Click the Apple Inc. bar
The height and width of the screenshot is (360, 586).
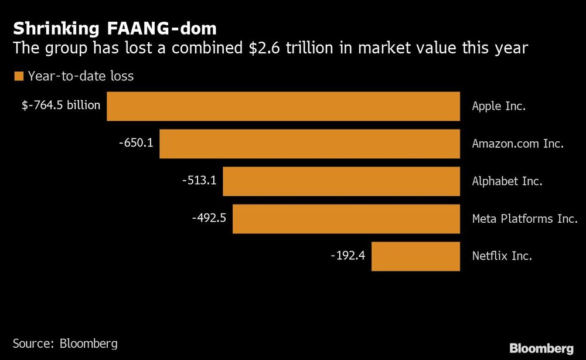click(283, 106)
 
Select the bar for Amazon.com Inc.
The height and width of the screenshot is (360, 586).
click(309, 144)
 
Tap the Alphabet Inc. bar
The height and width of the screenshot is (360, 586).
click(341, 181)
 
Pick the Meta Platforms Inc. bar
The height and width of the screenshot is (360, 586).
click(346, 219)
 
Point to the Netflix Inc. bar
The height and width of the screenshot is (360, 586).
click(415, 256)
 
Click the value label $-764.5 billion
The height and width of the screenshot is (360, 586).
click(62, 105)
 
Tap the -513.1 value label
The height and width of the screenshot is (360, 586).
click(199, 180)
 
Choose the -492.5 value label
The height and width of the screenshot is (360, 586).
click(209, 218)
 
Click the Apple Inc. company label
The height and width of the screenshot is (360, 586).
click(499, 106)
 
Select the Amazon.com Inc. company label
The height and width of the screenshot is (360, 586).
click(517, 144)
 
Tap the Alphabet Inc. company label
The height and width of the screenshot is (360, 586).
click(507, 181)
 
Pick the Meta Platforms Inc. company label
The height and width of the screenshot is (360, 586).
click(524, 219)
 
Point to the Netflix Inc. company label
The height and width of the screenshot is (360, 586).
click(502, 256)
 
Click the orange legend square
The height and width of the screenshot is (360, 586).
click(18, 76)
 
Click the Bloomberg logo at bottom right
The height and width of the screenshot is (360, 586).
click(541, 348)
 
